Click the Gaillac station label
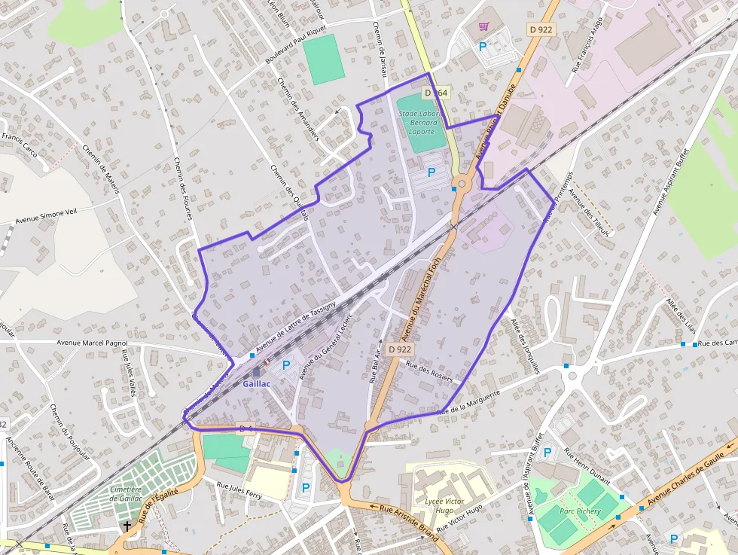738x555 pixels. pos(257,383)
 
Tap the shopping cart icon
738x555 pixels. pos(484,26)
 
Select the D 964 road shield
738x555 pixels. pos(436,93)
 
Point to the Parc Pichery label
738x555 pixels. pos(580,511)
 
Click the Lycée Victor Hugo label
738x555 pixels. pos(444,505)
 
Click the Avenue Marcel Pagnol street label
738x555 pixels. pos(93,343)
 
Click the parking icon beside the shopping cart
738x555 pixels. pos(483,47)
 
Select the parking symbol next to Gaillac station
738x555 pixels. pos(286,365)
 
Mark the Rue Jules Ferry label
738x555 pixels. pos(239,490)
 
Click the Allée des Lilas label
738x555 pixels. pos(680,316)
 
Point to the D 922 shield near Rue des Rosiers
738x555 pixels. pos(401,349)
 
